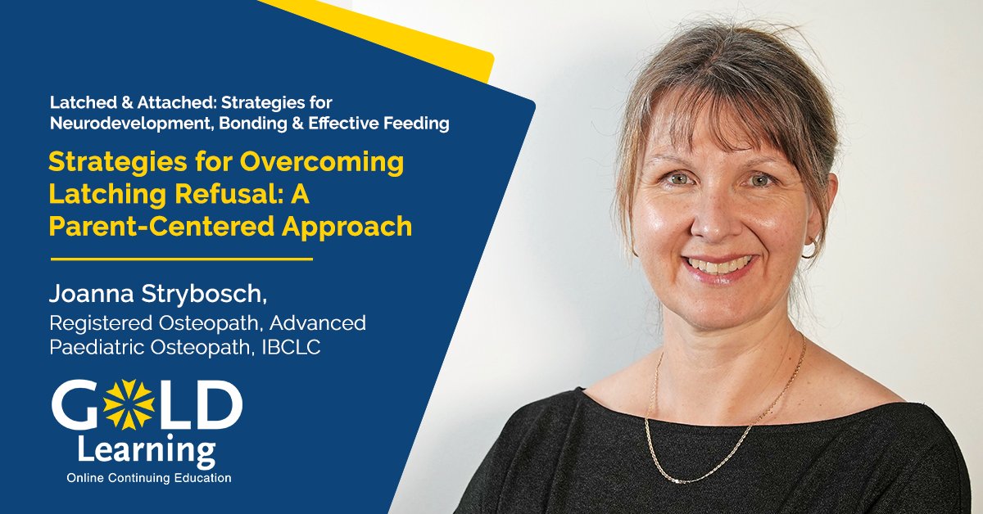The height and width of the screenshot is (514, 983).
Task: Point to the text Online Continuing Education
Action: (149, 477)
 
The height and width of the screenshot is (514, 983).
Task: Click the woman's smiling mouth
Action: (720, 264)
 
